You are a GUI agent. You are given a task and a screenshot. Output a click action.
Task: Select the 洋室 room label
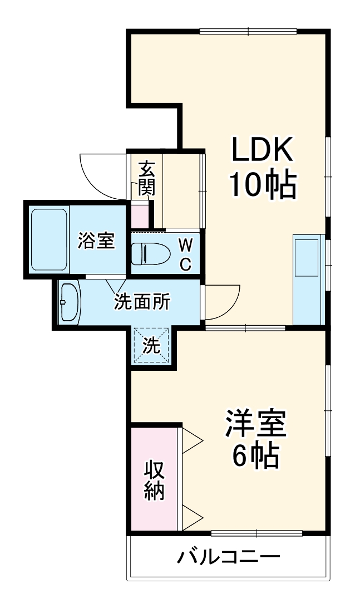point(255,424)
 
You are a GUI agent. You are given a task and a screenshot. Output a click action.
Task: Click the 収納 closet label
point(155,480)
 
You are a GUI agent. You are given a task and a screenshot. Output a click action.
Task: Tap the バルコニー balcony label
point(228,556)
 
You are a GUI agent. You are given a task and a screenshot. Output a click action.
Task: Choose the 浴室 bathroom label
point(96,241)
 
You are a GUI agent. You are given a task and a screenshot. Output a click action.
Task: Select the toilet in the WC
point(149,253)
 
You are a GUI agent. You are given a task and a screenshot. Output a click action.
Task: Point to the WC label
point(185,253)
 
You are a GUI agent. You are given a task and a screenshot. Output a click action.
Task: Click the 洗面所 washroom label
point(142,302)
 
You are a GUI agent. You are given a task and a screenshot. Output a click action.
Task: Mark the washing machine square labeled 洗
point(150,346)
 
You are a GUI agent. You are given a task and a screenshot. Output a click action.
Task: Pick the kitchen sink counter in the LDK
point(308,278)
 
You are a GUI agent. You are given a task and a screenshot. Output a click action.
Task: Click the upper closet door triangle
point(191,440)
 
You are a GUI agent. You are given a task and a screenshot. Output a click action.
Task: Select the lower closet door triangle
point(191,518)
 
